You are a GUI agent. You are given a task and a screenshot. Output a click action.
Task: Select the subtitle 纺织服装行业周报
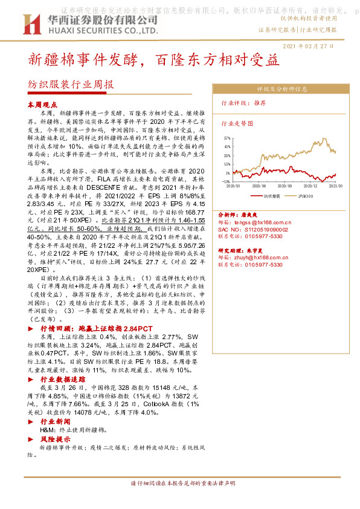click(x=71, y=85)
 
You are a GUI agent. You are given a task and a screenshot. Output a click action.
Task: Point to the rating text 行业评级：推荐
click(x=244, y=103)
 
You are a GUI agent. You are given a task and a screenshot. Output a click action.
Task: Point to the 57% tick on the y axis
click(x=226, y=138)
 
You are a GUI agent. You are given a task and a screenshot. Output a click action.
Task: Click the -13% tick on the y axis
click(x=225, y=181)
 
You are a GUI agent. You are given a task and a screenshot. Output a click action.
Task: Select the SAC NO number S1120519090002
click(x=250, y=230)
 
